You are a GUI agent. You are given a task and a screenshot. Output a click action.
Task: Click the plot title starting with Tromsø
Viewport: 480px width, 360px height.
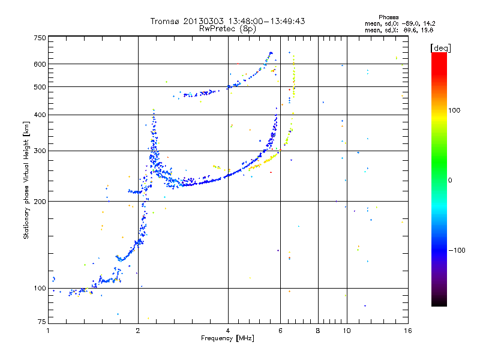228,21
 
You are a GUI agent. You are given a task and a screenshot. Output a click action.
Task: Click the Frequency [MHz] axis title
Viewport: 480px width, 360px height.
228,339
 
